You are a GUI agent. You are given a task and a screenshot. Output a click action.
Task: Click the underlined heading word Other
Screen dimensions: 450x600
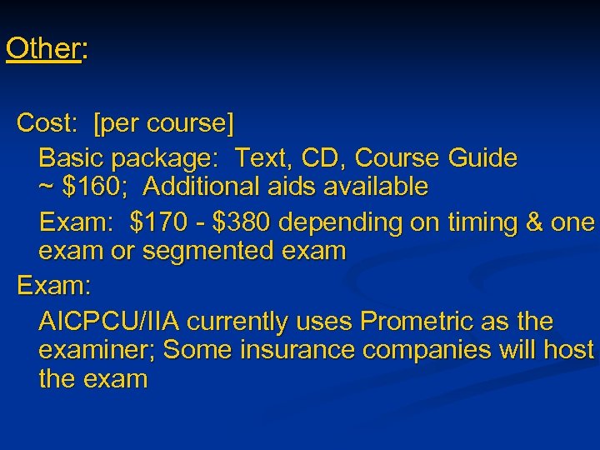click(x=42, y=48)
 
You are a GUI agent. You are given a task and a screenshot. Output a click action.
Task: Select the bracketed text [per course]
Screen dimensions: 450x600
click(x=164, y=125)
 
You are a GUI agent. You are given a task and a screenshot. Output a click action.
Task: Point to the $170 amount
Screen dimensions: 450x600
click(x=163, y=222)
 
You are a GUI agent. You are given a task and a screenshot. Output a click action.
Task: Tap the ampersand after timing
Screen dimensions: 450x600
click(x=527, y=222)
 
